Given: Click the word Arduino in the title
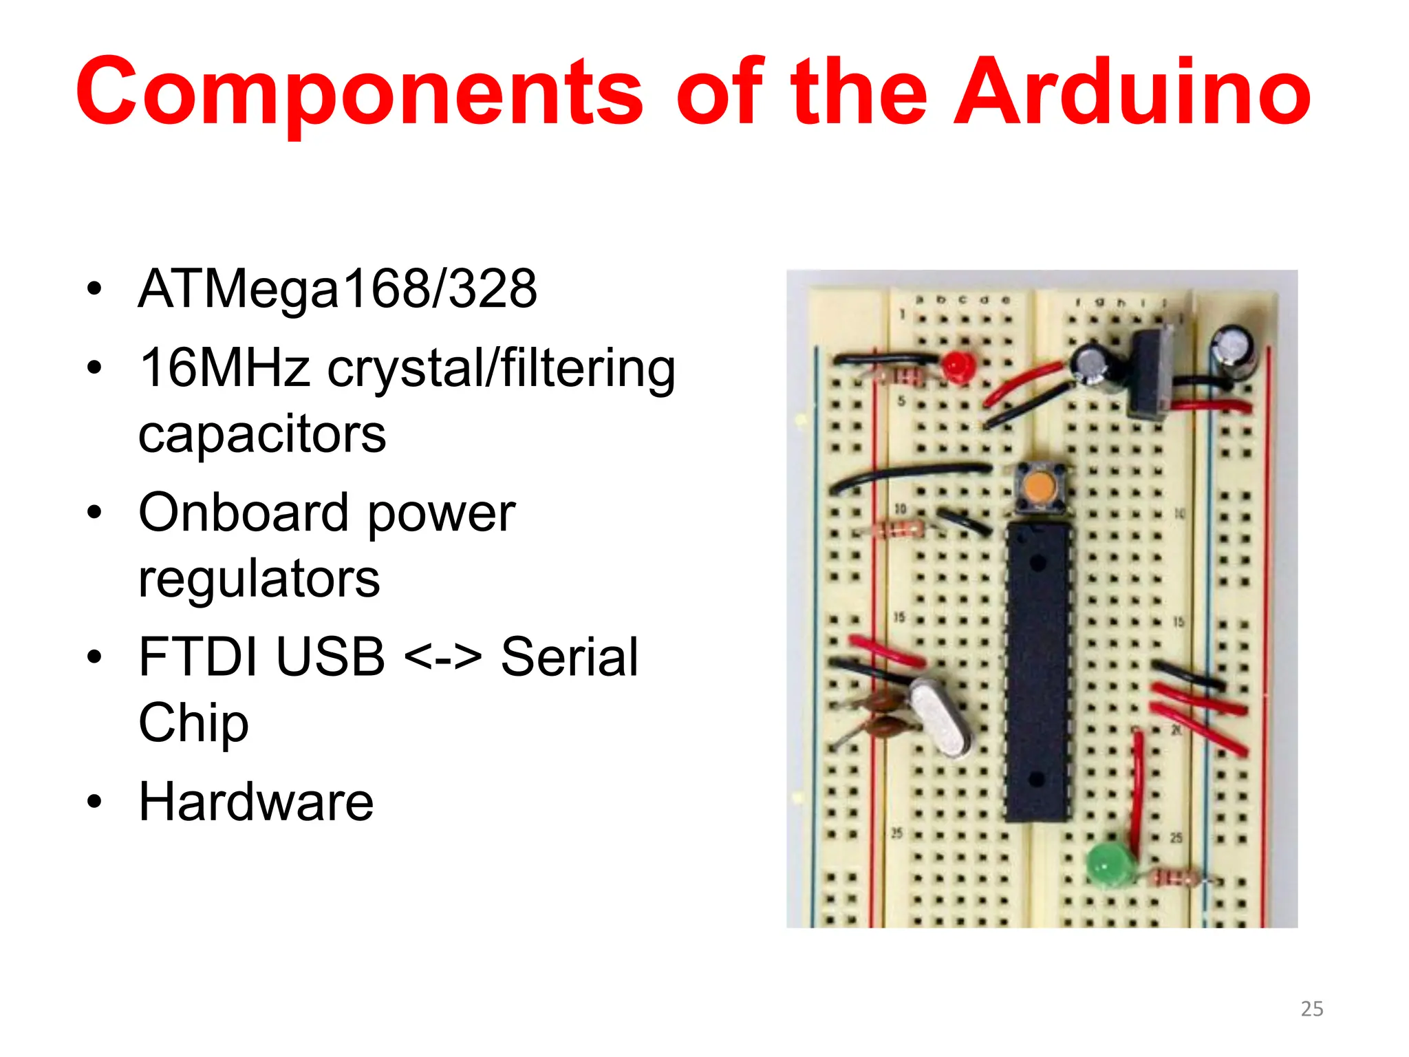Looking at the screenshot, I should pos(1132,93).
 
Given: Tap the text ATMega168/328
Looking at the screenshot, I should pos(337,289).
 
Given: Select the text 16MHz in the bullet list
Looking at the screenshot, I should pos(224,368).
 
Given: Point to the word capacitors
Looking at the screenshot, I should pos(262,434).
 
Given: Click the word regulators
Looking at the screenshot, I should pos(259,579).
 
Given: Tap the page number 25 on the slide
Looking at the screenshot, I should pos(1311,1009).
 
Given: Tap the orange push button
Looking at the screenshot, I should pos(1039,488).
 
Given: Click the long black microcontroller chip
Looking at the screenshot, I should pos(1037,671).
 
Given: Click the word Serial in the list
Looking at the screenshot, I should pos(569,657).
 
